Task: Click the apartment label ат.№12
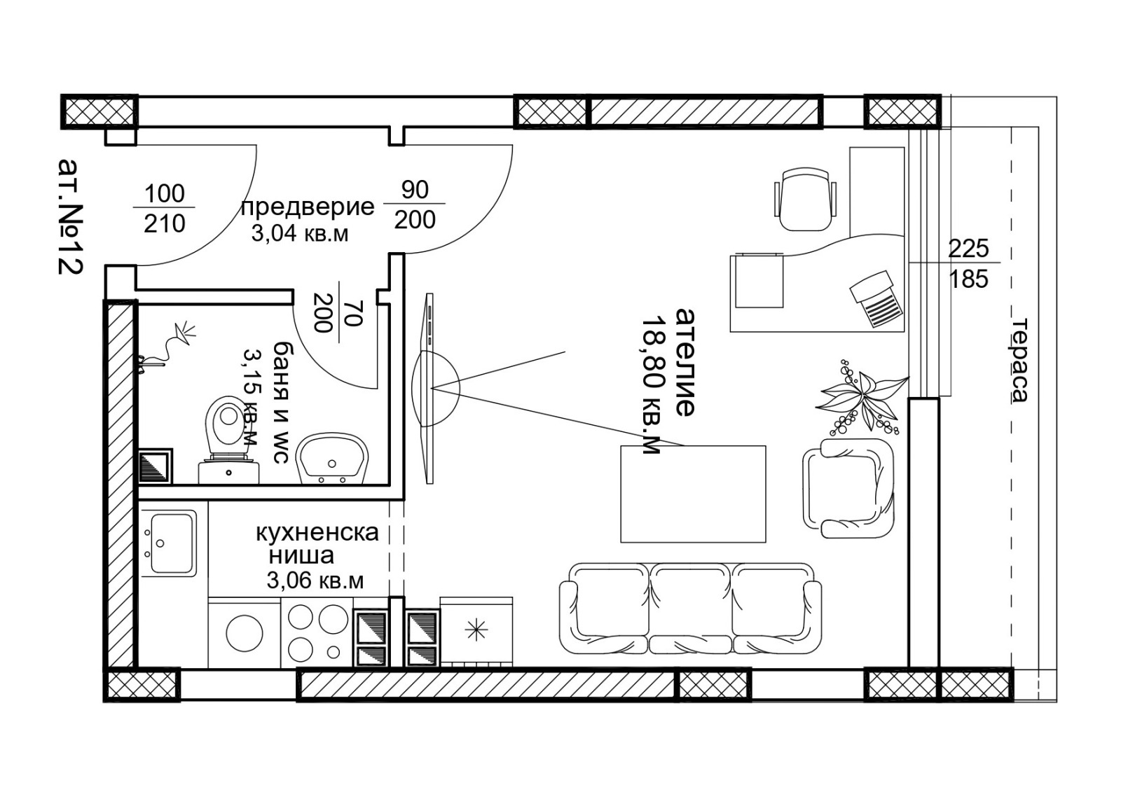[71, 216]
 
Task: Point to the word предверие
[308, 207]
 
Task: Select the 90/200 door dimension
[414, 204]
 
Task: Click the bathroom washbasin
[332, 459]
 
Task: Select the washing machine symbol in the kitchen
[245, 634]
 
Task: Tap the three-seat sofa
[691, 609]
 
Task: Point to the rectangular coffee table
[693, 494]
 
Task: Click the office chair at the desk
[806, 199]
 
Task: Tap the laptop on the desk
[876, 299]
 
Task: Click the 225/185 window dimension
[969, 263]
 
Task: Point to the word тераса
[1019, 360]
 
